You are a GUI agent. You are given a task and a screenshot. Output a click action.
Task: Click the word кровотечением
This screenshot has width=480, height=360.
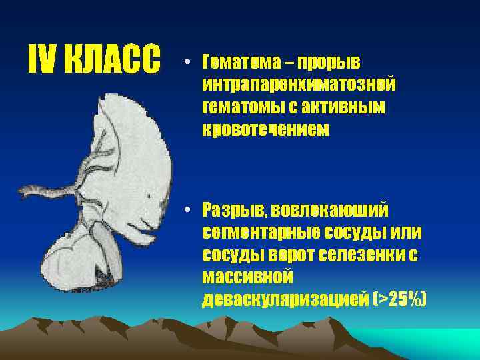[266, 130]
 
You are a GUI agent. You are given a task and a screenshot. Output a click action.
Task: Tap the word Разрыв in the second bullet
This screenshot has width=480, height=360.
[233, 211]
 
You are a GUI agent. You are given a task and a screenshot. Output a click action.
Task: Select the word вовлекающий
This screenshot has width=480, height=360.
[327, 211]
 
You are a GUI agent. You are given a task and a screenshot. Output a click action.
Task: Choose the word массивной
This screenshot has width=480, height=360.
[244, 277]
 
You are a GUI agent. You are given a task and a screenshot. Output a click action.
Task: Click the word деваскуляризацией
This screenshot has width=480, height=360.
[285, 300]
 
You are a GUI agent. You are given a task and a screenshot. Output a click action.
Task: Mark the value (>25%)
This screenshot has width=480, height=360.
[400, 300]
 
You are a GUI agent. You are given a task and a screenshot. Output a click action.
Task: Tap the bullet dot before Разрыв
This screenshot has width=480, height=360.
[189, 211]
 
